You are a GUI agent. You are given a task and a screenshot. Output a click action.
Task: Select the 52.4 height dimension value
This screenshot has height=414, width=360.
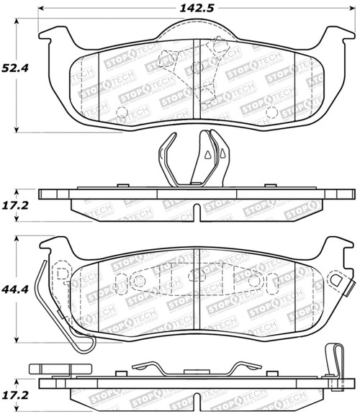[17, 68]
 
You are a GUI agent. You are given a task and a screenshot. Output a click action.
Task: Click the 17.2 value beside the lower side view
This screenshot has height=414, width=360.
[17, 395]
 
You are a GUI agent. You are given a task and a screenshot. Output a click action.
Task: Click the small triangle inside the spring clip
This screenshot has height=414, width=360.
[207, 154]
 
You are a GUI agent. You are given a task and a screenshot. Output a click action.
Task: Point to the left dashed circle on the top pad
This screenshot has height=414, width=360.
[122, 112]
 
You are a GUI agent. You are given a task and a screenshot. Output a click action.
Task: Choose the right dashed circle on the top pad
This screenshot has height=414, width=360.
[271, 112]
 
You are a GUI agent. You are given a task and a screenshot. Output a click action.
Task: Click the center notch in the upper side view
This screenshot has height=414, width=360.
[196, 212]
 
